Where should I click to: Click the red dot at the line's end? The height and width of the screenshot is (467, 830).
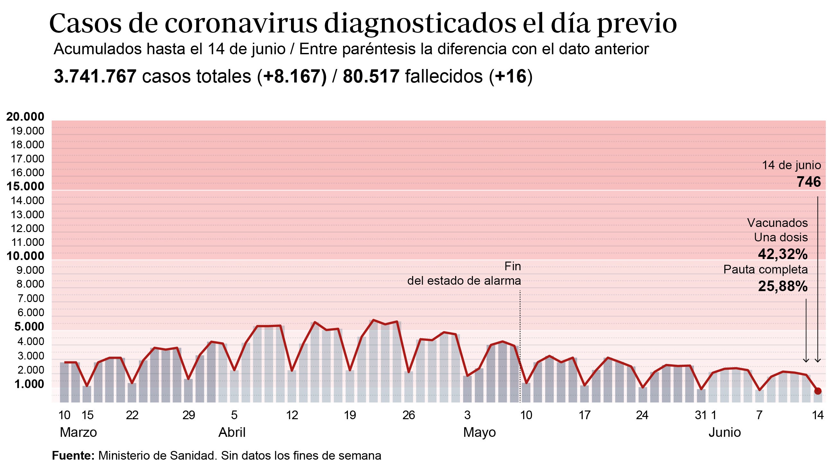tap(818, 391)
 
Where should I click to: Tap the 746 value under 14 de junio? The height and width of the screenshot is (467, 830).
tap(808, 182)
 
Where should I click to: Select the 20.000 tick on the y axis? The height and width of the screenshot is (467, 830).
tap(25, 117)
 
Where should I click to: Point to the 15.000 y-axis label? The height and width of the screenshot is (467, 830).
tap(25, 186)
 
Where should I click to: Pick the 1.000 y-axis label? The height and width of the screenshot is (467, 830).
tap(29, 384)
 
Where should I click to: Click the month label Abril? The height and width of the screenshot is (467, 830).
tap(232, 432)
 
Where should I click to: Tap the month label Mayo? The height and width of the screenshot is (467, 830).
tap(479, 432)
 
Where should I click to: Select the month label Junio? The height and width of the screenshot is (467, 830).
tap(724, 432)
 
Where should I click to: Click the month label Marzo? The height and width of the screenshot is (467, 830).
tap(78, 432)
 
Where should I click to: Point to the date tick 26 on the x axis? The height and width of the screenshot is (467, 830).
tap(409, 415)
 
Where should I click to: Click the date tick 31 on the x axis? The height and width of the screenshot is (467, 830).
tap(701, 415)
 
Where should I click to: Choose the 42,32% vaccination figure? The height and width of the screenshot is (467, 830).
tap(783, 254)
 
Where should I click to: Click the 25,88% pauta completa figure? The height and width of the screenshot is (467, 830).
tap(783, 286)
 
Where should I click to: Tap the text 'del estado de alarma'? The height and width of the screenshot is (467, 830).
tap(464, 281)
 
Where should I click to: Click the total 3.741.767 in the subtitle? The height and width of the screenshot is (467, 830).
tap(95, 77)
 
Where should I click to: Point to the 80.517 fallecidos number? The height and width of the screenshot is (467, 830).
tap(371, 77)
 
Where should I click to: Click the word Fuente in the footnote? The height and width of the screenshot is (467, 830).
tap(73, 456)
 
